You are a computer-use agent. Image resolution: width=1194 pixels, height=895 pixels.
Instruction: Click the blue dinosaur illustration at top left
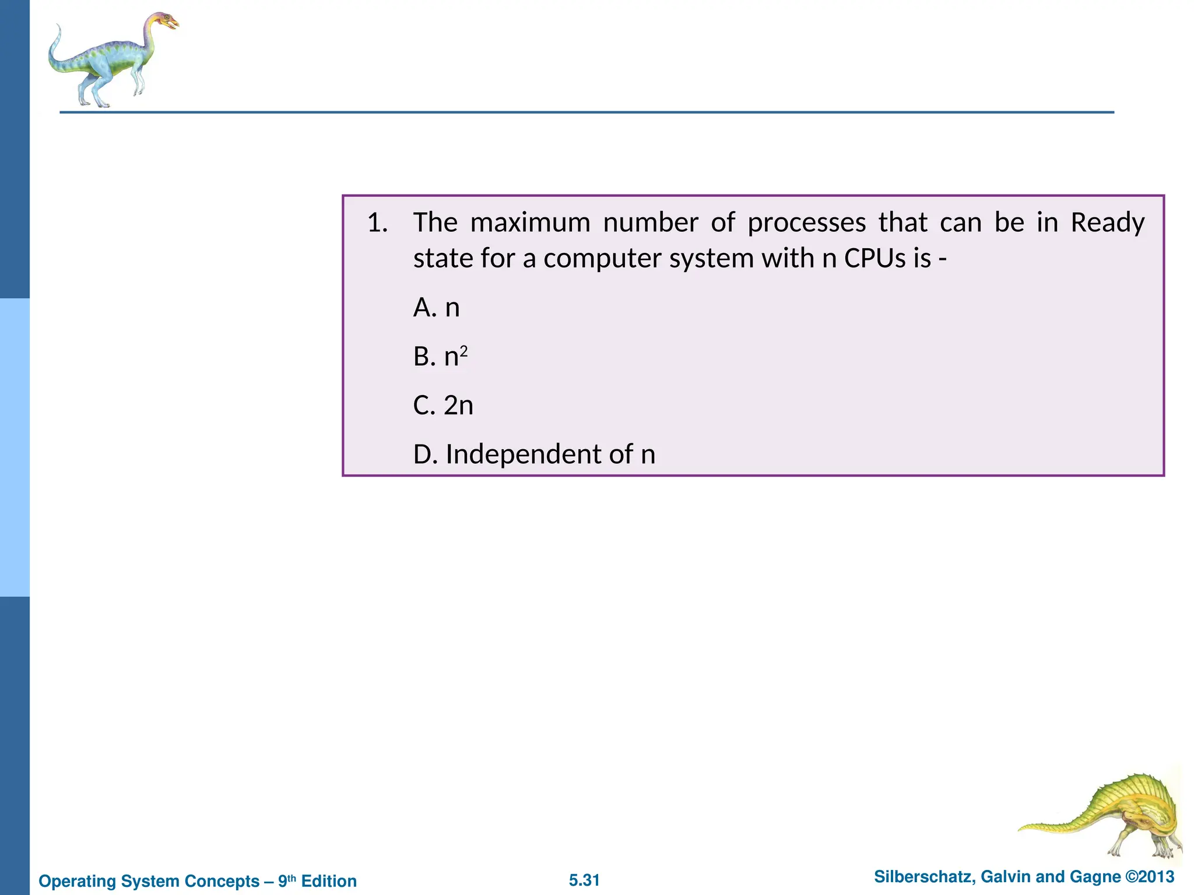[x=111, y=61]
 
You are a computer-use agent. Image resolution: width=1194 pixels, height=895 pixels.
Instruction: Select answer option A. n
[x=436, y=308]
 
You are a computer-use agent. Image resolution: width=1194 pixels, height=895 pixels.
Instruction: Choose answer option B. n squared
[x=440, y=357]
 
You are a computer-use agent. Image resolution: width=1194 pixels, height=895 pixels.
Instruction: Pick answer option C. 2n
[x=443, y=406]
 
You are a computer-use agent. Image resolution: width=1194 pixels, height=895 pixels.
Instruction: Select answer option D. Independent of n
[x=534, y=454]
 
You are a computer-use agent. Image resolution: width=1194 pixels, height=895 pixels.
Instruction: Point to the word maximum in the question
[x=530, y=223]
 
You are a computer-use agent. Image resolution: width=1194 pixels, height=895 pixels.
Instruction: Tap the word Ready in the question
[x=1108, y=223]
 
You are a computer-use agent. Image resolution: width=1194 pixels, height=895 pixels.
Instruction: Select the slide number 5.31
[x=584, y=880]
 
